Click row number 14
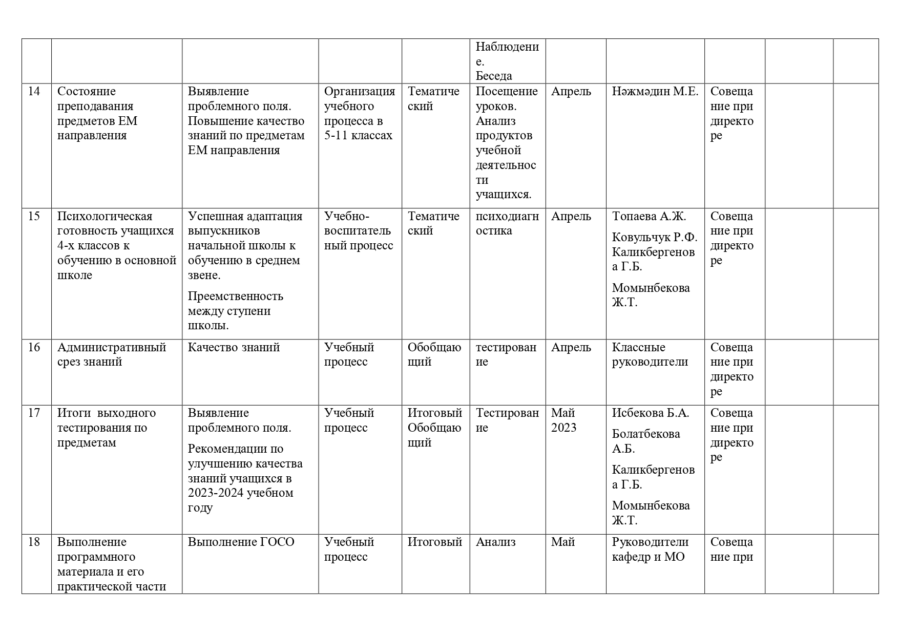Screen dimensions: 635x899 click(x=34, y=92)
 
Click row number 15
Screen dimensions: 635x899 click(x=34, y=217)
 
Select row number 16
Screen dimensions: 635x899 click(x=34, y=348)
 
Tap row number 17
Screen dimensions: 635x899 click(x=34, y=413)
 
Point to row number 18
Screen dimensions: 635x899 click(x=34, y=542)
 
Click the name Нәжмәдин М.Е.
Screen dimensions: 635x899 click(x=655, y=92)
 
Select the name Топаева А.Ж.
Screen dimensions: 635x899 click(x=649, y=217)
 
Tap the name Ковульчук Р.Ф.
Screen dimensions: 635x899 click(x=655, y=238)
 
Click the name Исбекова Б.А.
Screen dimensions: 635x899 click(x=651, y=413)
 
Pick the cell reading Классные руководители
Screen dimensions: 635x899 click(x=650, y=355)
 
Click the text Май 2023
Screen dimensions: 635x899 click(x=563, y=420)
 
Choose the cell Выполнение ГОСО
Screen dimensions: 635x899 click(x=241, y=542)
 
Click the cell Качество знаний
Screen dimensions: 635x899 click(x=234, y=348)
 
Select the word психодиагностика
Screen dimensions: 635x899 click(x=507, y=224)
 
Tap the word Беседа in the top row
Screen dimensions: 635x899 click(x=494, y=76)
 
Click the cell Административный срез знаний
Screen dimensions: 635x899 click(x=112, y=355)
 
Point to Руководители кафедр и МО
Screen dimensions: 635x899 click(x=650, y=549)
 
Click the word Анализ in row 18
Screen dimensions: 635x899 click(x=495, y=542)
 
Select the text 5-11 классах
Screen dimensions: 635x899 click(x=358, y=136)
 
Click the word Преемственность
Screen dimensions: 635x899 click(x=235, y=297)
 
